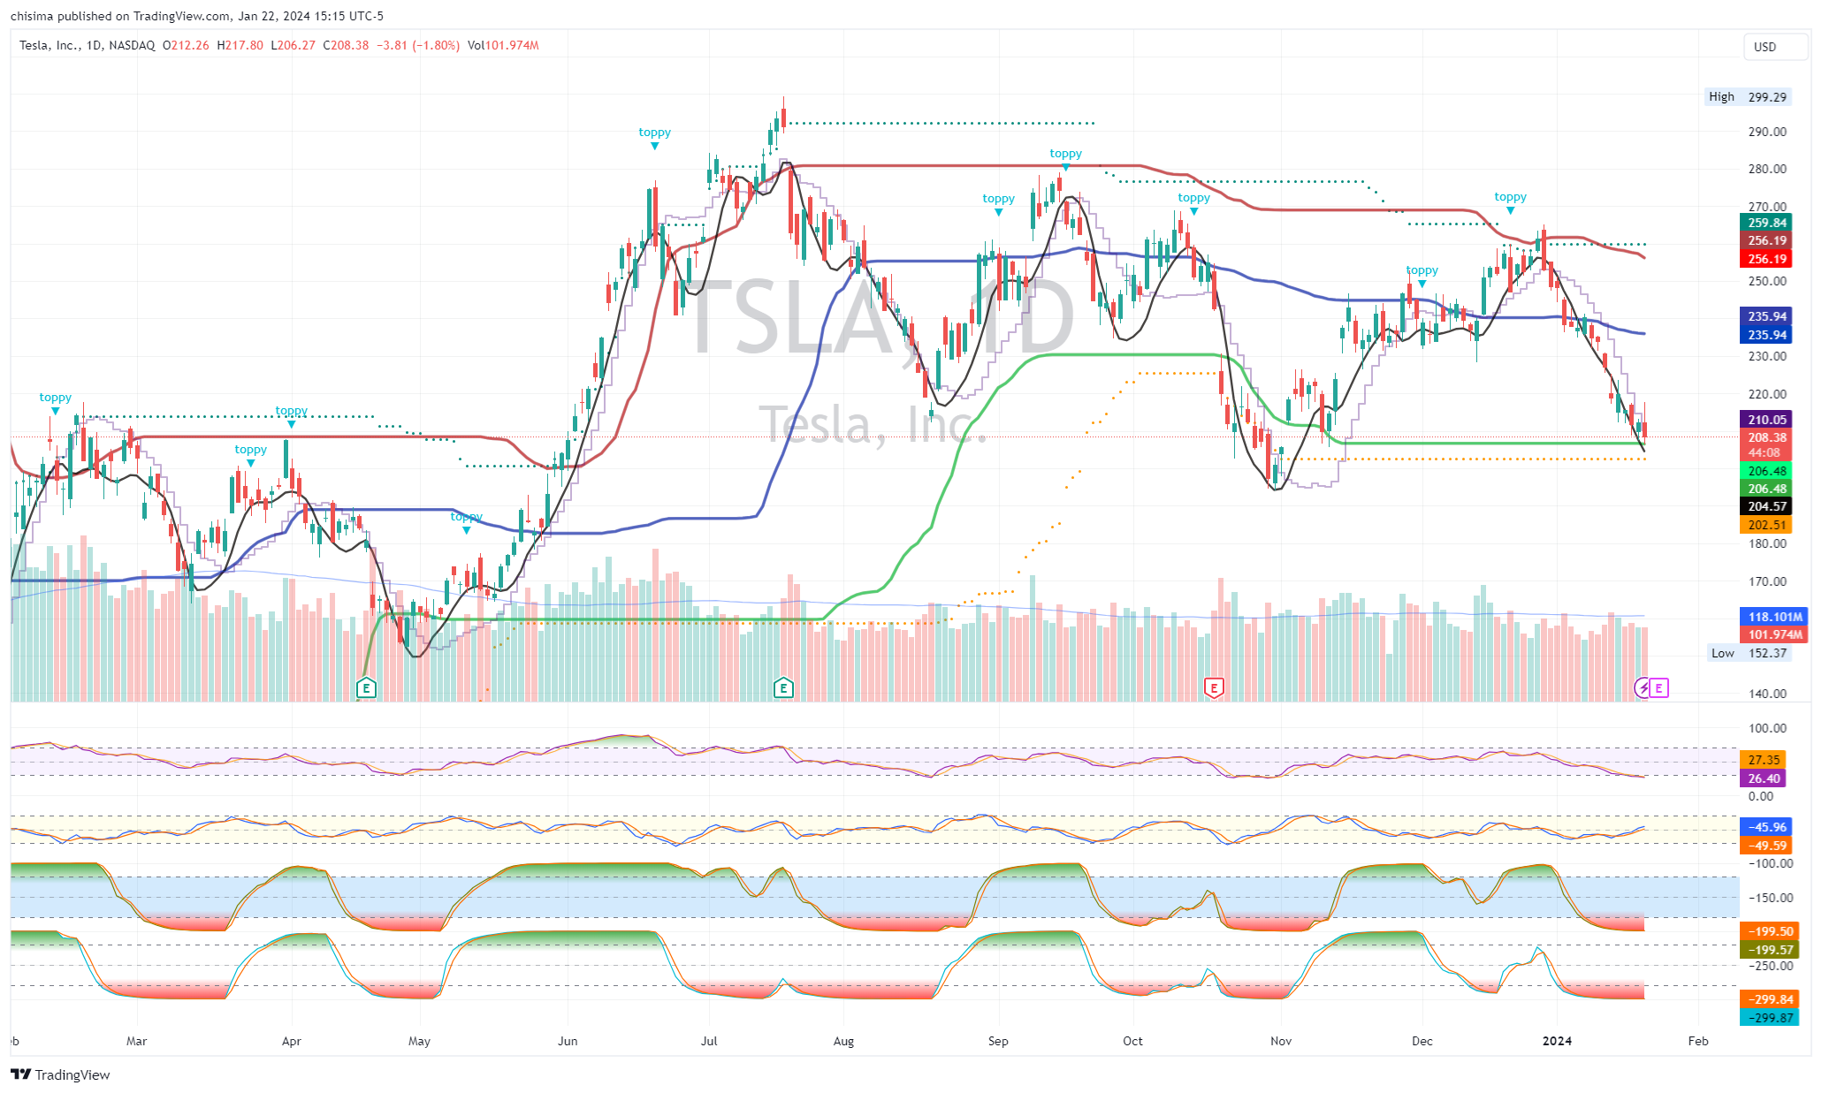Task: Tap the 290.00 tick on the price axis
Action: coord(1767,132)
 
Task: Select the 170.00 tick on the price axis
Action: coord(1767,581)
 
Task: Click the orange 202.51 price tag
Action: coord(1766,525)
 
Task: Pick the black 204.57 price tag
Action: coord(1766,506)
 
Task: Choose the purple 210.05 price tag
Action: coord(1766,420)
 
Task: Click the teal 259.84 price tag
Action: coord(1766,223)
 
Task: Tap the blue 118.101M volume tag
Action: coord(1774,617)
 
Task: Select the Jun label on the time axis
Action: coord(568,1041)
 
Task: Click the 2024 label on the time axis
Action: coord(1557,1041)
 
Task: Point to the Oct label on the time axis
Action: coord(1132,1041)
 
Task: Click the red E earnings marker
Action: coord(1214,687)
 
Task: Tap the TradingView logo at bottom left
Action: coord(61,1074)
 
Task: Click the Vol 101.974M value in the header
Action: coord(503,45)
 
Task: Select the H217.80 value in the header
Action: coord(240,45)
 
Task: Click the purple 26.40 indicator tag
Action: coord(1763,778)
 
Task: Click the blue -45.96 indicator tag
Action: coord(1766,827)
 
